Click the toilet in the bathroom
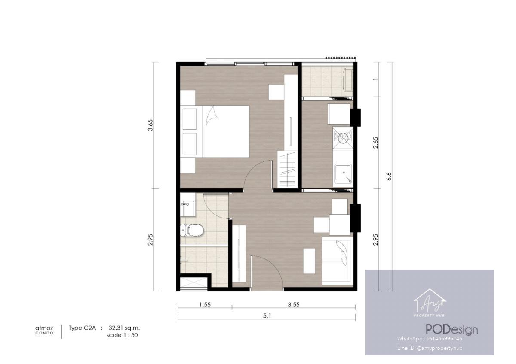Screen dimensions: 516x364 192,230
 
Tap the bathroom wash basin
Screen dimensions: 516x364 187,204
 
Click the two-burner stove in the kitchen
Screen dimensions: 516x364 343,137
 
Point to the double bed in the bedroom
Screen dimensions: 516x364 215,131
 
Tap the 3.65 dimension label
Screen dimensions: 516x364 150,125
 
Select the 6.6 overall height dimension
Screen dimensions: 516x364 389,176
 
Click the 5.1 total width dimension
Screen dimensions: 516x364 267,316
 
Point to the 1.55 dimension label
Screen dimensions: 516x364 205,305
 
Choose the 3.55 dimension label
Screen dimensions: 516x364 293,305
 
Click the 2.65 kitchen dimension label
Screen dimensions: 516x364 376,143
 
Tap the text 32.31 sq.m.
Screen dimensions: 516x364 124,328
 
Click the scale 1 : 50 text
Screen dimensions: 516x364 122,335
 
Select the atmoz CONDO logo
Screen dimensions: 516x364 44,330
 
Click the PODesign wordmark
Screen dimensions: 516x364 452,330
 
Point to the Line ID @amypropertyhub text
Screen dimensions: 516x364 430,348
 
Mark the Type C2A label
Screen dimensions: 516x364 82,328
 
